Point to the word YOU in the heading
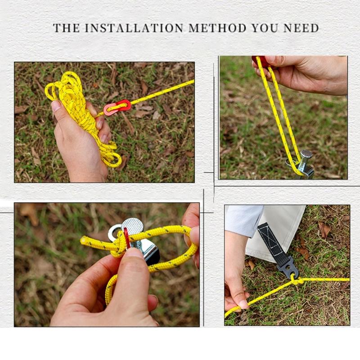coord(265,28)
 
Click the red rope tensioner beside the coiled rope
coord(117,107)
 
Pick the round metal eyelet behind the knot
coord(115,232)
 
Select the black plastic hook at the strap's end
coord(288,267)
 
